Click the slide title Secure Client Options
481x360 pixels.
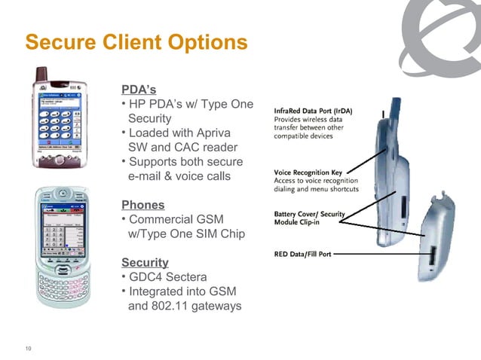tap(136, 41)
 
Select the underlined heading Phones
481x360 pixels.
tap(142, 204)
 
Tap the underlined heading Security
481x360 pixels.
tap(144, 262)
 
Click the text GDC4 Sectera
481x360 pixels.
tap(167, 276)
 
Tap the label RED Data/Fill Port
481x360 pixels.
tap(302, 255)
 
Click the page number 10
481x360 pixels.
tap(29, 347)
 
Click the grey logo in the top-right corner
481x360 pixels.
tap(446, 34)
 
